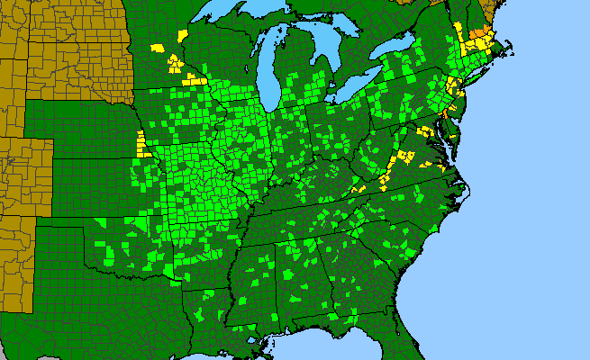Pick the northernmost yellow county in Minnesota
click(184, 35)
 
